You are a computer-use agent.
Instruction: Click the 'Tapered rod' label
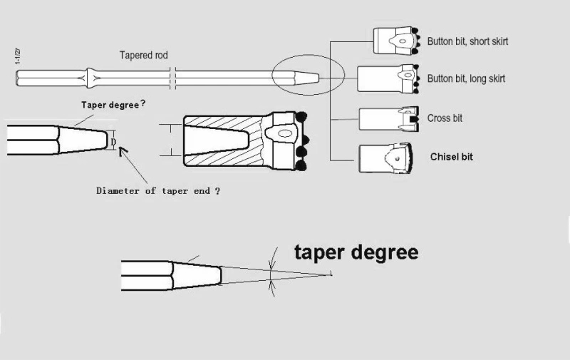143,56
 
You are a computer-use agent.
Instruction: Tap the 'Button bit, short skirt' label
467,41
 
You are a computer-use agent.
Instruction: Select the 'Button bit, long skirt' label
466,78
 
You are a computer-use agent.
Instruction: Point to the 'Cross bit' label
445,118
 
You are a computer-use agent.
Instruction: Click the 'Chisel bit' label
451,157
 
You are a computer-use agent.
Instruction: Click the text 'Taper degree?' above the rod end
113,104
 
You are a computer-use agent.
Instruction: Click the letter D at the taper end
113,141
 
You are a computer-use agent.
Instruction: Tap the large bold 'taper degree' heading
356,252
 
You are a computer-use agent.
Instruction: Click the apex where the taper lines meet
332,274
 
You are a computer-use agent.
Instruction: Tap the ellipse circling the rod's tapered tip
309,76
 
